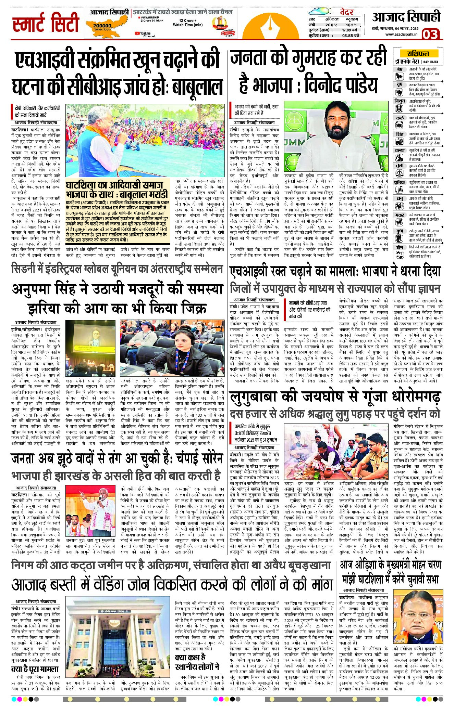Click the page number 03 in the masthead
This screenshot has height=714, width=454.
tap(430, 34)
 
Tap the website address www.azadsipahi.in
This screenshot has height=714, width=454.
tap(401, 34)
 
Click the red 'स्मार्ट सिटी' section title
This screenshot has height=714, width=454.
tap(46, 23)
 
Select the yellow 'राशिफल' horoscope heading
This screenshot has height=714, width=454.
tap(418, 54)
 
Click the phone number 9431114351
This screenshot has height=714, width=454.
tap(430, 62)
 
